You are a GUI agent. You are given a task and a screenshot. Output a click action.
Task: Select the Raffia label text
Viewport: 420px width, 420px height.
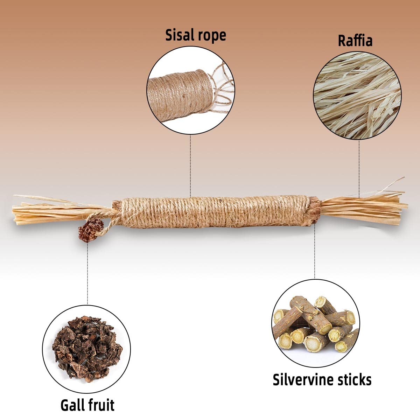tap(355, 40)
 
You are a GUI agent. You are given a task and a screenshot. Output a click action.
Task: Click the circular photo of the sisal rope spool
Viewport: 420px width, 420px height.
tap(191, 90)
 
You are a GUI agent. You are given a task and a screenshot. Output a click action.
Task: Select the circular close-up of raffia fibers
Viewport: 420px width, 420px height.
tap(357, 96)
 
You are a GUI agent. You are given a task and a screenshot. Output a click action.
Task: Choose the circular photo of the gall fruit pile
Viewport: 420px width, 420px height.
tap(86, 349)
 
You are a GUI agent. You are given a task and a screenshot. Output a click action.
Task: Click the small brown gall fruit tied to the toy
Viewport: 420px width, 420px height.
tap(90, 230)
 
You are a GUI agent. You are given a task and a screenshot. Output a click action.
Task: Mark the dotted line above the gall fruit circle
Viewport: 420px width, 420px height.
tap(87, 273)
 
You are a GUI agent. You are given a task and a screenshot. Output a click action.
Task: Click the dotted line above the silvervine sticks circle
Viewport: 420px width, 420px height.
tap(315, 252)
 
